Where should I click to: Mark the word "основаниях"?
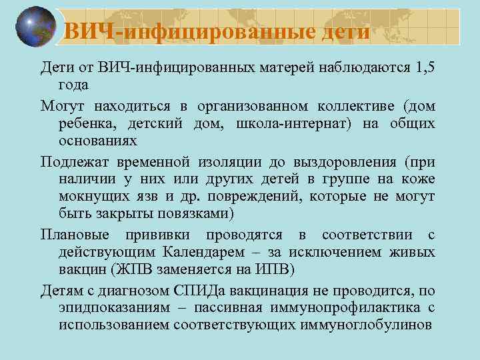(97, 141)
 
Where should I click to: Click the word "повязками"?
(197, 213)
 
